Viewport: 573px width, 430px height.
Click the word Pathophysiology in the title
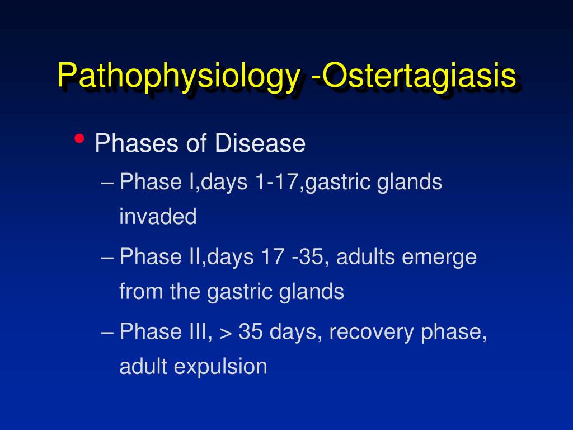(x=179, y=77)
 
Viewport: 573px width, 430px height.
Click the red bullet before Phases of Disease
(x=79, y=139)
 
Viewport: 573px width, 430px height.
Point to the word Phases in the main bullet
(x=138, y=143)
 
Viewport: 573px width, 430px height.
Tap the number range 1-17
(x=278, y=181)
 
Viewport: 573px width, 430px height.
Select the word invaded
(x=158, y=216)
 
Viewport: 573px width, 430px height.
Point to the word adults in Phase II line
(x=365, y=256)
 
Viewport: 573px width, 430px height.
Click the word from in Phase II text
(x=141, y=291)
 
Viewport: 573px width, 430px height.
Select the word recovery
(x=372, y=333)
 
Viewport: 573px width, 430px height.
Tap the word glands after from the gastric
(x=311, y=292)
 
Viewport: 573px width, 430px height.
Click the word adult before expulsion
(x=144, y=366)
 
